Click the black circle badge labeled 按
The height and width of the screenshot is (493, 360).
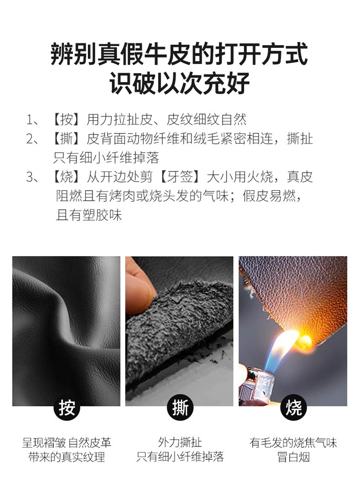67,407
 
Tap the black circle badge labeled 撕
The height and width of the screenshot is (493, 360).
180,407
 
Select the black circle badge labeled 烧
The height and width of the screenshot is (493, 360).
293,407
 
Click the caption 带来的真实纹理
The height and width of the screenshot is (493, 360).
67,457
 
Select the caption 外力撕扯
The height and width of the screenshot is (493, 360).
180,442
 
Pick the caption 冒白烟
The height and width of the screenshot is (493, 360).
293,457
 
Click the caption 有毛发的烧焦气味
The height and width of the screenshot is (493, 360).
293,442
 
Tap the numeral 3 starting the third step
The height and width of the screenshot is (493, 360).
30,177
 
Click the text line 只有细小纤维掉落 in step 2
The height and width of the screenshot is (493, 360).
106,158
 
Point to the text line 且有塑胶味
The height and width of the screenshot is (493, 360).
89,215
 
